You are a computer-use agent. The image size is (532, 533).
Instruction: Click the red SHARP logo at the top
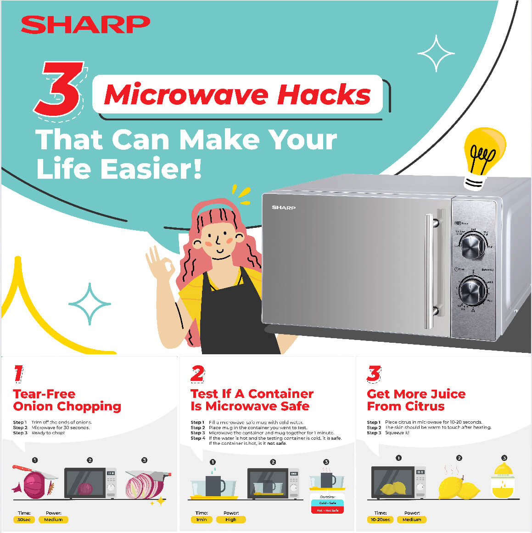pyautogui.click(x=85, y=24)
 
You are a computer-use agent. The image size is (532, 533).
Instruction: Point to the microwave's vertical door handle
pyautogui.click(x=430, y=271)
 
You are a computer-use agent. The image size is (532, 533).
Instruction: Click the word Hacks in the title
pyautogui.click(x=324, y=95)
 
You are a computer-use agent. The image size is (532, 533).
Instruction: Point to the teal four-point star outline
pyautogui.click(x=90, y=304)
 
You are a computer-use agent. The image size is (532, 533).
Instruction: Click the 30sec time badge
pyautogui.click(x=24, y=520)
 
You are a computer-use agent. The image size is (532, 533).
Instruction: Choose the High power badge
pyautogui.click(x=231, y=520)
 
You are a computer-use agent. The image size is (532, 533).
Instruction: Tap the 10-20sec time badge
pyautogui.click(x=381, y=520)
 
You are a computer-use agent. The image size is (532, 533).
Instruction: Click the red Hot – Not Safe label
pyautogui.click(x=327, y=510)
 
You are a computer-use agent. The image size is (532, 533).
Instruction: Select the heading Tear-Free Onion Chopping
pyautogui.click(x=67, y=400)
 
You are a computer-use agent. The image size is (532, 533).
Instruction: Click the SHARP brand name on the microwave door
pyautogui.click(x=284, y=208)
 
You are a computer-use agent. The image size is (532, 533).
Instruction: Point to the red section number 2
pyautogui.click(x=198, y=374)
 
